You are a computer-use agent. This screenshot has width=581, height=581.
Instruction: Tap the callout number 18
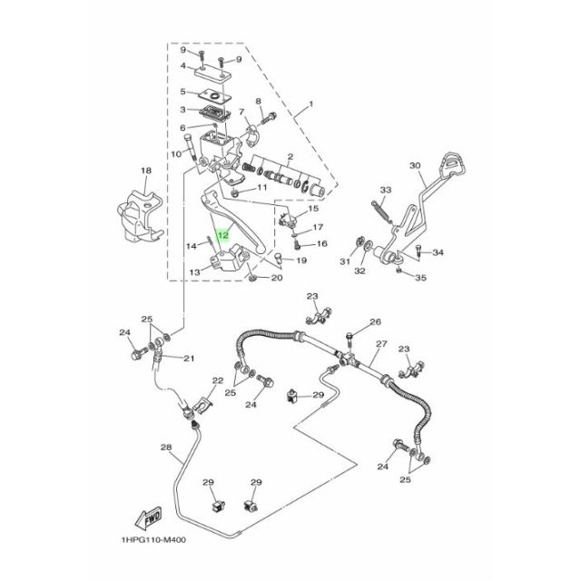(x=144, y=170)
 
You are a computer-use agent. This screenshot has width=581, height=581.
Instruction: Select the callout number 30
(x=416, y=166)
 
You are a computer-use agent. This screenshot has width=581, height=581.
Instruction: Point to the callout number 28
(x=165, y=448)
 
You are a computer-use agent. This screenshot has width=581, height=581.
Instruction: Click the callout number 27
(x=381, y=344)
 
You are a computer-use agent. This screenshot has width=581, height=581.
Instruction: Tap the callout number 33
(x=384, y=190)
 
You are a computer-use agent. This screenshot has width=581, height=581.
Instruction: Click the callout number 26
(x=375, y=322)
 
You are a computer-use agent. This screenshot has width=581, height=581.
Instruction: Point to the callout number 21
(x=190, y=359)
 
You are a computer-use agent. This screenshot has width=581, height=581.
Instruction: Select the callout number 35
(x=420, y=279)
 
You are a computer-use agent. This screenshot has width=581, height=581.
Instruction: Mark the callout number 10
(x=177, y=154)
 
